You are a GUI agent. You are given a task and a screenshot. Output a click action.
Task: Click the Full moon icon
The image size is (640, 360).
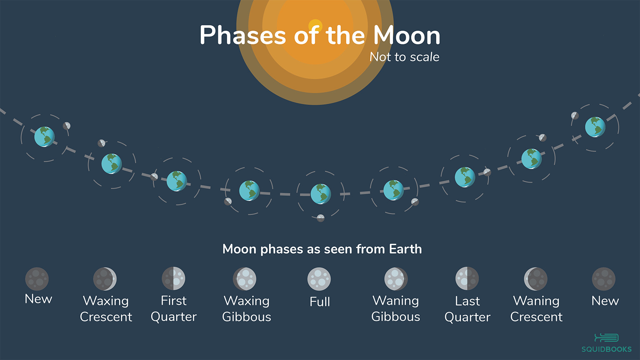tap(319, 279)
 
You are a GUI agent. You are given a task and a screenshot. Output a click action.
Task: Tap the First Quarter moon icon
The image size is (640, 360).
tap(173, 279)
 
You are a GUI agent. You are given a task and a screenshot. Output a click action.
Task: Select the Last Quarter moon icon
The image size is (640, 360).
tap(467, 279)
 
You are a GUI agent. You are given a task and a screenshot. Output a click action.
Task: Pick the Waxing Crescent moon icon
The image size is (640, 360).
tap(105, 279)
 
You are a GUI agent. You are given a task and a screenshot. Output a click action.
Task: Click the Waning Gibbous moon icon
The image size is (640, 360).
tap(396, 279)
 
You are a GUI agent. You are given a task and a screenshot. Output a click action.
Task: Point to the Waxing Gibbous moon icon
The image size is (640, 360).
tap(245, 279)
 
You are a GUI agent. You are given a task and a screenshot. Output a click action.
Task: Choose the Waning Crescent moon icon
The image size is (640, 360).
tap(536, 279)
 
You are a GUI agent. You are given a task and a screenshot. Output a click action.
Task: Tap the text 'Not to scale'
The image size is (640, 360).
tap(404, 57)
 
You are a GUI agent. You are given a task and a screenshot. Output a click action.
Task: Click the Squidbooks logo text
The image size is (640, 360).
tap(606, 349)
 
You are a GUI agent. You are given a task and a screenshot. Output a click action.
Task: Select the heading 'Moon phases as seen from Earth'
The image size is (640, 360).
tap(322, 249)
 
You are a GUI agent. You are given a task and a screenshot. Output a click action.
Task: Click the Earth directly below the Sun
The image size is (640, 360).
tap(321, 194)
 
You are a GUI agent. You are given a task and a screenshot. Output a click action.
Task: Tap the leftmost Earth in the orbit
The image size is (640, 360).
tap(44, 137)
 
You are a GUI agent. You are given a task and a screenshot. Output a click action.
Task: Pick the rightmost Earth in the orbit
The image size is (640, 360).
tap(595, 127)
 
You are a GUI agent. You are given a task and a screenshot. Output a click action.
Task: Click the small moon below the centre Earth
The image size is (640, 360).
tap(320, 218)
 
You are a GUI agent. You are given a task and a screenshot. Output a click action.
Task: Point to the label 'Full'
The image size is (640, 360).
tap(320, 302)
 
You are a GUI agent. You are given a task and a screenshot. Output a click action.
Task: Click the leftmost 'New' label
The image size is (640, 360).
tap(38, 299)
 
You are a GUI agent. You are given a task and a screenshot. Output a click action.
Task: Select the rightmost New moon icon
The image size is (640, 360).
tap(603, 279)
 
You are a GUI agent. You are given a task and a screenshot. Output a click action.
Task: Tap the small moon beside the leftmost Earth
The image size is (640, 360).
tap(67, 126)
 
